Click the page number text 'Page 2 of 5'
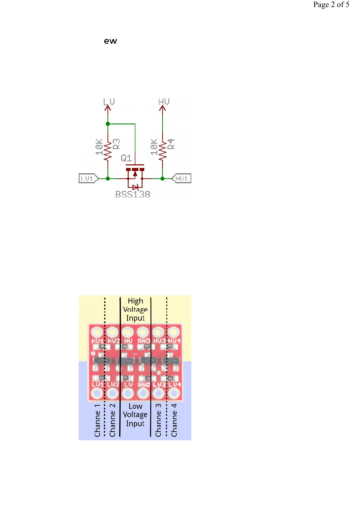331,5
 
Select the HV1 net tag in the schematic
182,179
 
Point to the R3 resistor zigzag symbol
108,152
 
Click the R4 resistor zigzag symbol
162,152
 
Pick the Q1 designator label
126,158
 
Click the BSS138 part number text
133,194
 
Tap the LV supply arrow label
109,102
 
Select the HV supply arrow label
164,102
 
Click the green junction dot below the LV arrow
108,124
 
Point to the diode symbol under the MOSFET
135,187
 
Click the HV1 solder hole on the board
97,332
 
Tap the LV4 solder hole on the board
173,394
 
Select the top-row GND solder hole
143,332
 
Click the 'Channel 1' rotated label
97,420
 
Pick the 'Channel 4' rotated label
174,420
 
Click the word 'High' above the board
135,301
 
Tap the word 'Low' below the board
135,406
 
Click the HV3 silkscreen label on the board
159,341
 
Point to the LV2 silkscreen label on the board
113,384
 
